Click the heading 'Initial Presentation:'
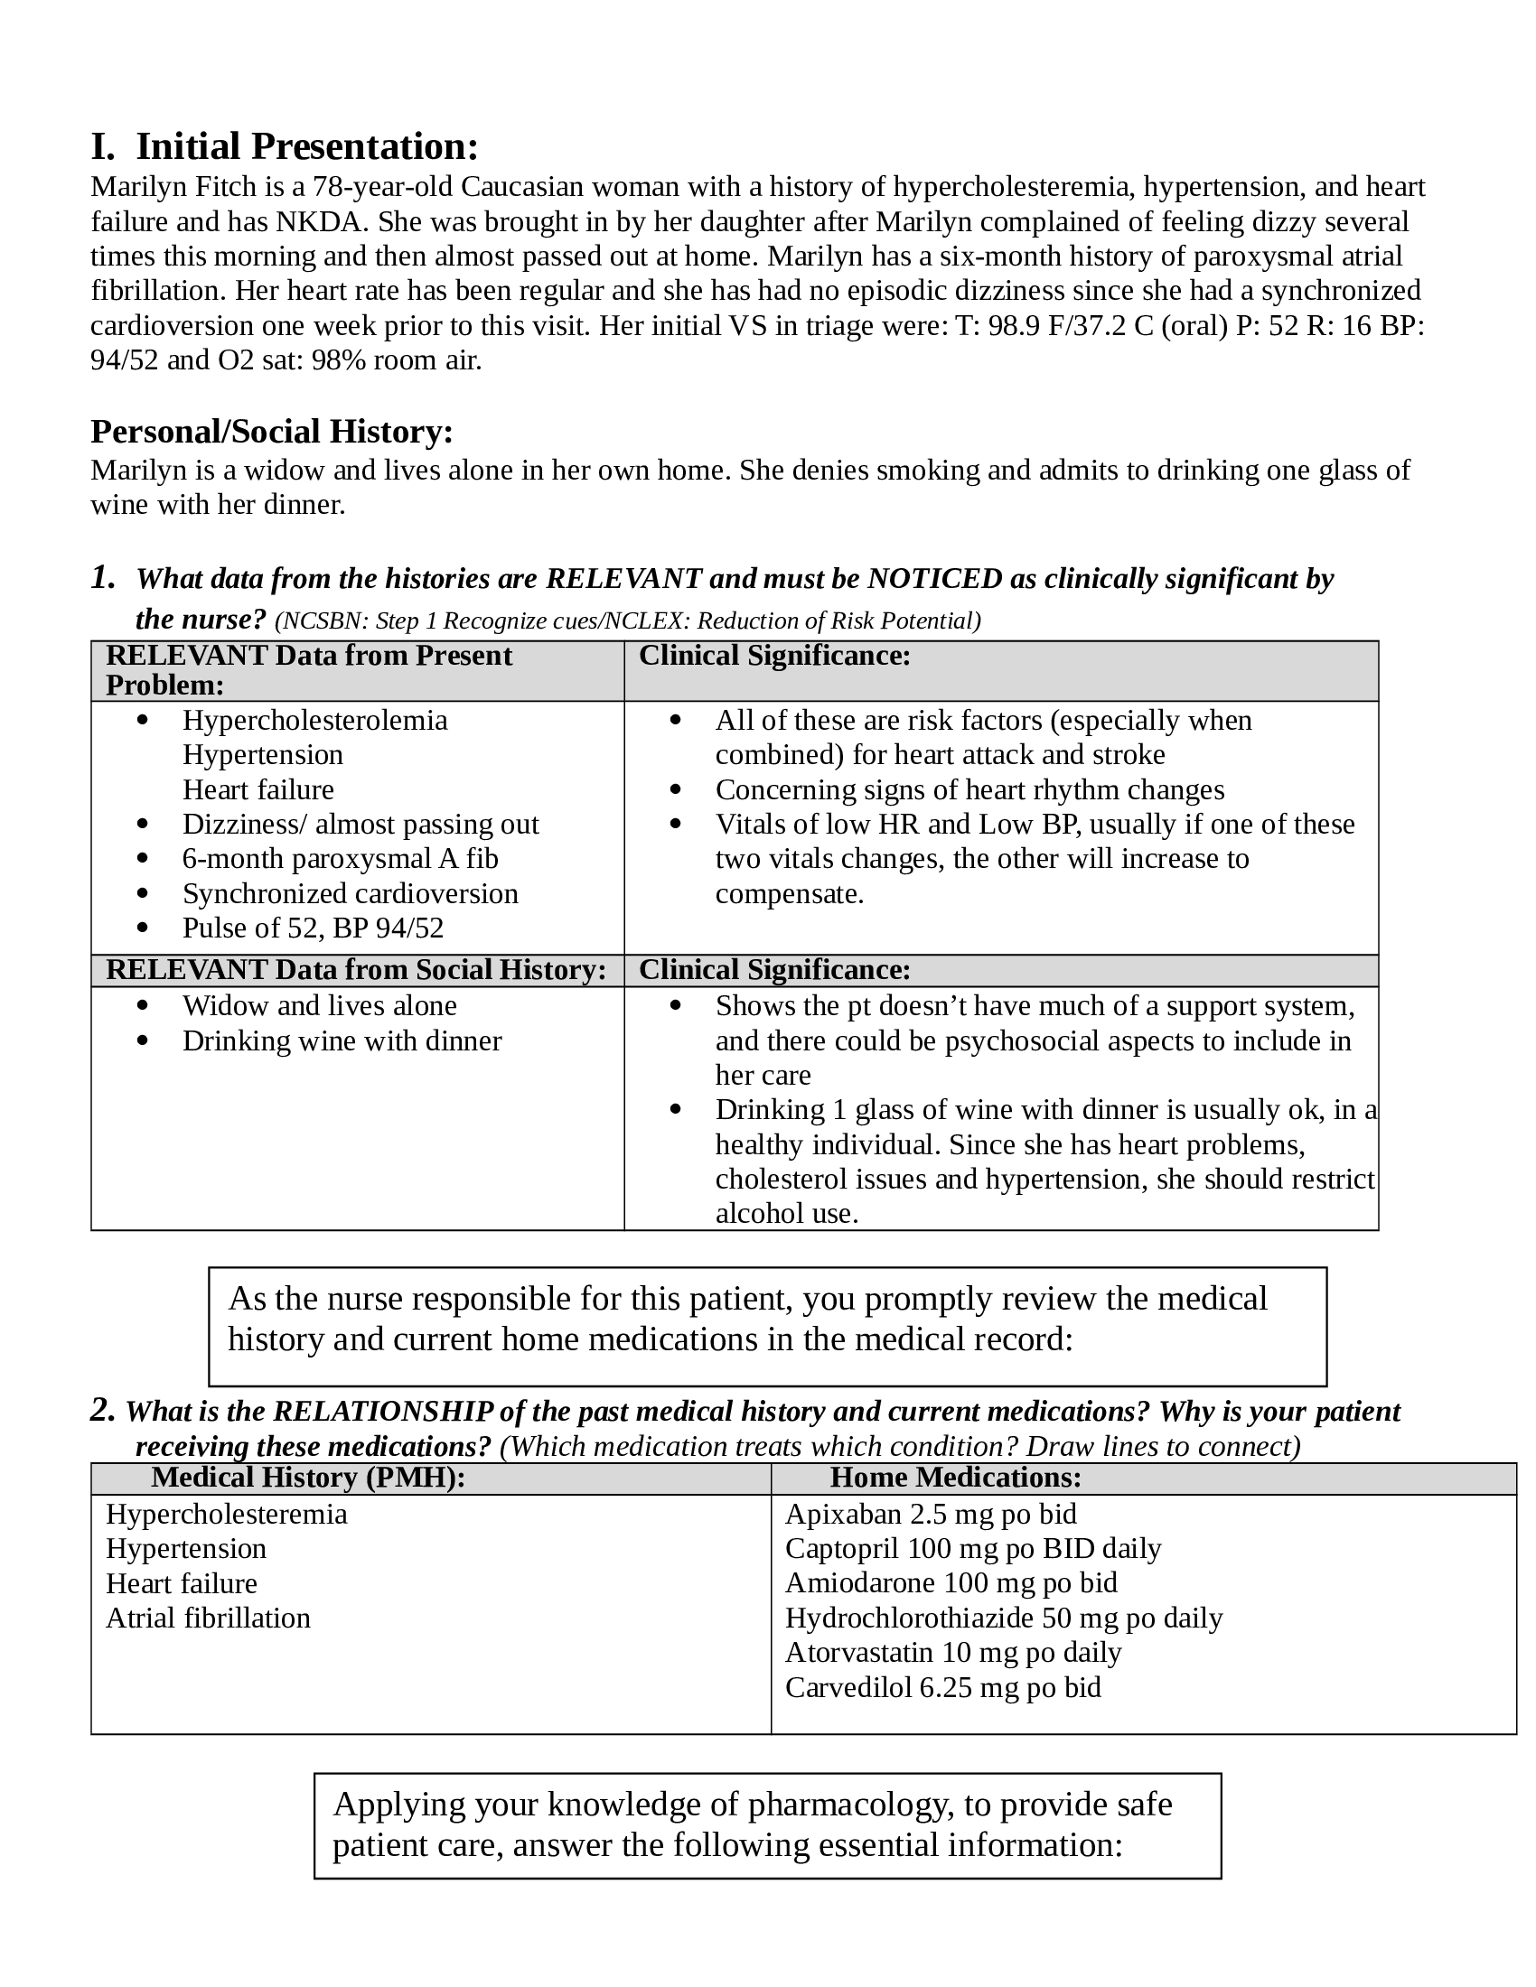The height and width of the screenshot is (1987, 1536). point(306,146)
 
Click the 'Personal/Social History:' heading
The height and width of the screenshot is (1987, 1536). point(271,431)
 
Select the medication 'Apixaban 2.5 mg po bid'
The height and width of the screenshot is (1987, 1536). point(930,1514)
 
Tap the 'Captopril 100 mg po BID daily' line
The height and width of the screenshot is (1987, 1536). point(973,1548)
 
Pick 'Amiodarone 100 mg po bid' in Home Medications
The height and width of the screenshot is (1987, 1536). point(951,1583)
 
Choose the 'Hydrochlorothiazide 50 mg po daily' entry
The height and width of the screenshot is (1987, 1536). point(1004,1618)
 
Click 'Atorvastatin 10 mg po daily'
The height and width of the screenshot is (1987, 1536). point(952,1652)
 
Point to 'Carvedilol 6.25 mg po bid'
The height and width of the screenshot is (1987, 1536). point(942,1687)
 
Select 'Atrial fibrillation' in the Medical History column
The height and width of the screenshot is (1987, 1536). point(209,1618)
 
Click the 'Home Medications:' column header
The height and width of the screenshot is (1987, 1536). point(955,1477)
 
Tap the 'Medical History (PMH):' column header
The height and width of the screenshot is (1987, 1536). point(307,1477)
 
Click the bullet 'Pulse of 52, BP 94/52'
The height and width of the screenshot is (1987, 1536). point(313,928)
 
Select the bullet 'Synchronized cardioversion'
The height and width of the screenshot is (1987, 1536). point(351,893)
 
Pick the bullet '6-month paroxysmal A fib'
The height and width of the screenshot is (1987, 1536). point(341,859)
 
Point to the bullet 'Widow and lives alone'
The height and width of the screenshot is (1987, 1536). point(319,1006)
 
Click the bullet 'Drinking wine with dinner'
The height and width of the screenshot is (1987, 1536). point(342,1040)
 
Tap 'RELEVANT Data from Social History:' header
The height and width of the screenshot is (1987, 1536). point(356,970)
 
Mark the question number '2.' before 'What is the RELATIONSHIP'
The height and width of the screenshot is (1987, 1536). point(103,1410)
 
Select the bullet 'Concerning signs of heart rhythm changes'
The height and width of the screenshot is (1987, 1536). point(969,789)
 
